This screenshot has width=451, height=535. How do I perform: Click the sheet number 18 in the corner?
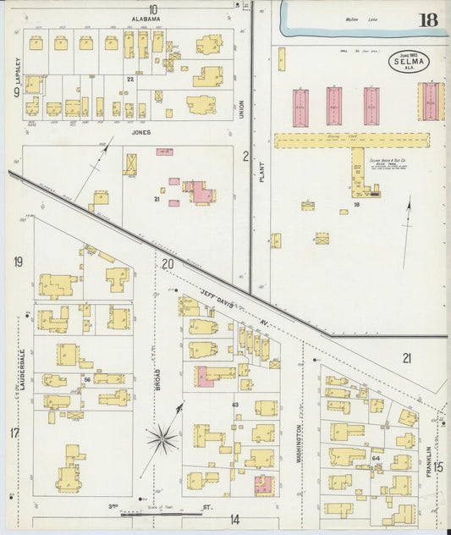pyautogui.click(x=428, y=20)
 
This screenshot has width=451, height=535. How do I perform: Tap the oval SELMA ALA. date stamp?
pyautogui.click(x=409, y=61)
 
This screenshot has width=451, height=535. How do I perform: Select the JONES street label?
pyautogui.click(x=140, y=132)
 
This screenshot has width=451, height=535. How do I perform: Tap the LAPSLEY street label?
pyautogui.click(x=16, y=71)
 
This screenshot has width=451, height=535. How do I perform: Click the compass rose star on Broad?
pyautogui.click(x=162, y=438)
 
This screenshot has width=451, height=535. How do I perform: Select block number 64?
pyautogui.click(x=376, y=459)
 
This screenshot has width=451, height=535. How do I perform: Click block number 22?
pyautogui.click(x=130, y=79)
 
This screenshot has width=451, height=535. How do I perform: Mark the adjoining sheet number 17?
pyautogui.click(x=14, y=433)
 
